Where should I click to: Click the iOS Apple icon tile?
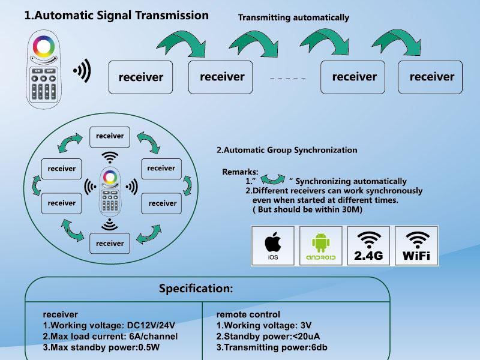point(272,245)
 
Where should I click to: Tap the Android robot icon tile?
point(321,245)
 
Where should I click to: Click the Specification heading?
point(196,289)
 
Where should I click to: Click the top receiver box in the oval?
point(110,136)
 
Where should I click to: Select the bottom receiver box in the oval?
point(110,244)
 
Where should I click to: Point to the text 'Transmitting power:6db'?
point(272,347)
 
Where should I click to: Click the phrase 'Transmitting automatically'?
point(293,17)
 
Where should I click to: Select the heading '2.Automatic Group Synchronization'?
point(287,150)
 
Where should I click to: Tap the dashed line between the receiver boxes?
point(287,79)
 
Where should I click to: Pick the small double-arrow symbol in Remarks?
point(274,179)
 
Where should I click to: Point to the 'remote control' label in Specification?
point(248,314)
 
